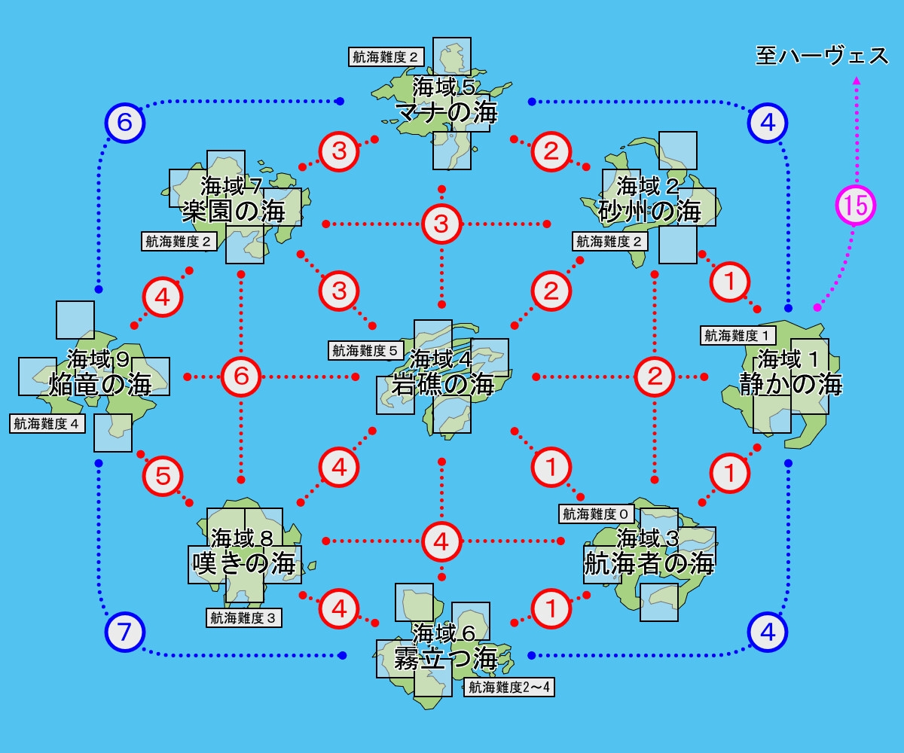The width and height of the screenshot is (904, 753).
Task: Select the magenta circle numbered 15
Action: pyautogui.click(x=856, y=205)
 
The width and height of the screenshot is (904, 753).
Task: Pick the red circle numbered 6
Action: pyautogui.click(x=241, y=376)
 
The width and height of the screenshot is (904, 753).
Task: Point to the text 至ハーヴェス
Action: pyautogui.click(x=823, y=56)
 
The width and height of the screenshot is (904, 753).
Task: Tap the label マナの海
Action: pyautogui.click(x=446, y=113)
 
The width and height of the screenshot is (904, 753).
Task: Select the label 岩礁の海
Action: pyautogui.click(x=442, y=385)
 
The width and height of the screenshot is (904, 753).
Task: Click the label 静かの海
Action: pyautogui.click(x=790, y=383)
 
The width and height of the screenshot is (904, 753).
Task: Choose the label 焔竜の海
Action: pyautogui.click(x=100, y=384)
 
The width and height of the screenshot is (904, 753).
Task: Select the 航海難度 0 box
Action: pyautogui.click(x=596, y=514)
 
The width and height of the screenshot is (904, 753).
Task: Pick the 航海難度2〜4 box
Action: pyautogui.click(x=509, y=687)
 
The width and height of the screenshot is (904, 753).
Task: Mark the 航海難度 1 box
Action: pyautogui.click(x=737, y=336)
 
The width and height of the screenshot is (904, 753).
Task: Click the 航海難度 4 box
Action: pyautogui.click(x=47, y=423)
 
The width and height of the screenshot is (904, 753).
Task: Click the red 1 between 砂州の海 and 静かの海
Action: pyautogui.click(x=729, y=282)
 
